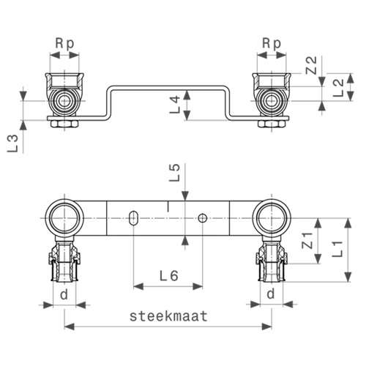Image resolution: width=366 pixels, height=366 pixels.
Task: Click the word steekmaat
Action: (168, 316)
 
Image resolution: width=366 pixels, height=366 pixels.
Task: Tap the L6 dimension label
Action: (169, 276)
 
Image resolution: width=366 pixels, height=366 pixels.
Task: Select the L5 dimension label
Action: (175, 173)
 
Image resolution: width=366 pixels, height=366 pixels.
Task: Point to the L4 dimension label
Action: (175, 105)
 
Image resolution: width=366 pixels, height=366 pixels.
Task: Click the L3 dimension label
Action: (12, 143)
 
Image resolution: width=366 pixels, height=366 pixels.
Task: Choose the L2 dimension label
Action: (339, 88)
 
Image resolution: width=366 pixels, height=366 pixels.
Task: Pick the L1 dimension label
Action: (337, 249)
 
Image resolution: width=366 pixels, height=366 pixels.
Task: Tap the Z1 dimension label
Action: (307, 241)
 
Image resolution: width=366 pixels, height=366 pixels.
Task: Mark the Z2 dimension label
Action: (311, 65)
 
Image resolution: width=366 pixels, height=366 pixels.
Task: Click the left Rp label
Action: (64, 44)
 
